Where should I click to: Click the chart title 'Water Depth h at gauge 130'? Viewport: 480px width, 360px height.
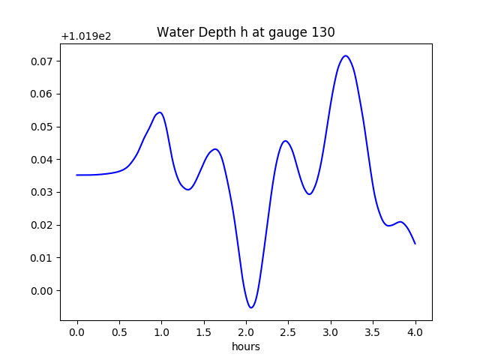click(245, 32)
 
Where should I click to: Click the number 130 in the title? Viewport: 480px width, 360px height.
click(322, 32)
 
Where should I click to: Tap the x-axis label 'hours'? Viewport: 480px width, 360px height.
click(245, 346)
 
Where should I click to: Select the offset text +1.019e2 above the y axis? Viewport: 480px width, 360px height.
click(86, 36)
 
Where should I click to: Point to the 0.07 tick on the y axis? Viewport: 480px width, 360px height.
click(42, 61)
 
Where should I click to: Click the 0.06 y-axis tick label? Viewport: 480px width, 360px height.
click(42, 94)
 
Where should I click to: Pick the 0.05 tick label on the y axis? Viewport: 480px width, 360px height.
click(42, 127)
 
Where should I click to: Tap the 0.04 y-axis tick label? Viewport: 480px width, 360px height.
click(42, 160)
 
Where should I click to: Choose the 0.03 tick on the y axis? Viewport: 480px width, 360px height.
click(42, 192)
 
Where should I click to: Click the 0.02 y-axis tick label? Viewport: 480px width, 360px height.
click(42, 225)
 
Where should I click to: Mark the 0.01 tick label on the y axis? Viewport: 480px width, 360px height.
click(42, 258)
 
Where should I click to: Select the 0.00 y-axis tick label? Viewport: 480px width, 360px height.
click(42, 291)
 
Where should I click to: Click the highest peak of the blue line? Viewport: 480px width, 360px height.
click(346, 55)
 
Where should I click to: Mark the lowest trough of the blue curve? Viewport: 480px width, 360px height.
click(251, 307)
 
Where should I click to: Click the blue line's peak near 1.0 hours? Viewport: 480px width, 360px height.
click(160, 112)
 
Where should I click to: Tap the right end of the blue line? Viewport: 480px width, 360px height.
click(415, 243)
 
